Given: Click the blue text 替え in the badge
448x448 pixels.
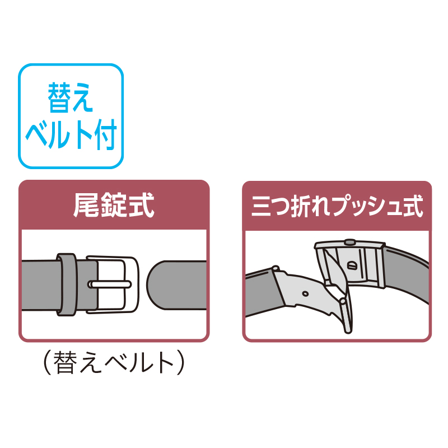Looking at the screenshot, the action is pos(71,97).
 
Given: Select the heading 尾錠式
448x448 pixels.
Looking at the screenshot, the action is pos(114,205).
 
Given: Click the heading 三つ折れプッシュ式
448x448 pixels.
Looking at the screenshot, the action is pos(337,206).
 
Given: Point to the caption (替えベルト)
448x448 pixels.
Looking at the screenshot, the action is pos(114,362).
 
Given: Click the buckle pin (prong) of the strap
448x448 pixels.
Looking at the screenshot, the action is pos(110,284).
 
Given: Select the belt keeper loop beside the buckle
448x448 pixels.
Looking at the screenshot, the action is pos(67,284).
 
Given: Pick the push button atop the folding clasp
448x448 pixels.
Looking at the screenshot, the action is pos(349,242).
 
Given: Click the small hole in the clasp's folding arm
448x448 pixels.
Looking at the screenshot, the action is pos(305,293).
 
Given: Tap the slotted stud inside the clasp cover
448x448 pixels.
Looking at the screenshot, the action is pos(352,265).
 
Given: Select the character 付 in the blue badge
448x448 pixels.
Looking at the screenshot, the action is pos(106,134).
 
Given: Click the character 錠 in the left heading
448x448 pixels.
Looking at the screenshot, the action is pos(114,205).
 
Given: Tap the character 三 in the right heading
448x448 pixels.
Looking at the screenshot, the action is pos(261,206).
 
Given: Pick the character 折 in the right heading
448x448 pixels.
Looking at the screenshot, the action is pos(301,206).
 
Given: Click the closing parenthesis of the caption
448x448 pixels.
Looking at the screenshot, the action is pos(180,362).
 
